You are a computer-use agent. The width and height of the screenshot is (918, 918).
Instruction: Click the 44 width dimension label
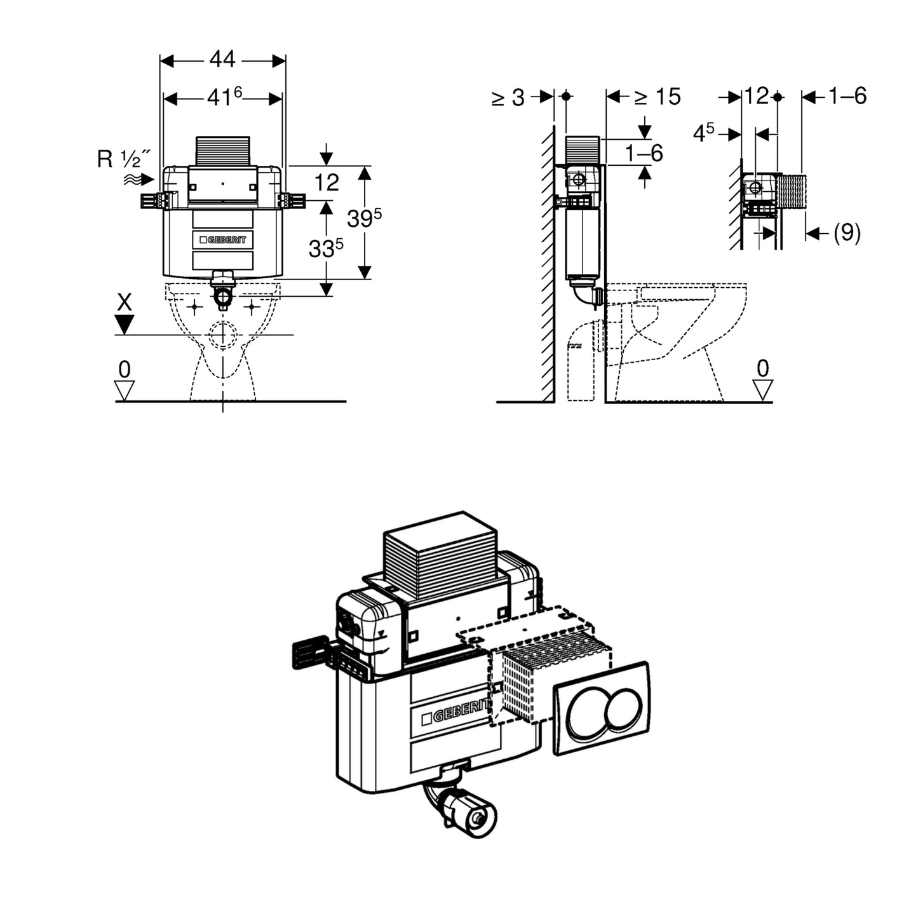222,60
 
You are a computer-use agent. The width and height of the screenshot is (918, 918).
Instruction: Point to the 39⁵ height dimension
364,218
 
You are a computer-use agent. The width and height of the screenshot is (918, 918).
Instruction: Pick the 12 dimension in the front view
327,182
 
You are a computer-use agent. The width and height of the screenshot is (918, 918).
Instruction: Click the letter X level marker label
125,302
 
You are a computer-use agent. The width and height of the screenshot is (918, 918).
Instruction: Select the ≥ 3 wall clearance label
508,98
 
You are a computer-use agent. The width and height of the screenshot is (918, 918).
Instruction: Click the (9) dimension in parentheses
847,233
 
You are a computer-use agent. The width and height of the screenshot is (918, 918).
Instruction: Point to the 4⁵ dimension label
703,133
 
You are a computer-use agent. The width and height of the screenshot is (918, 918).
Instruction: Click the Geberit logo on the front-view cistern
222,240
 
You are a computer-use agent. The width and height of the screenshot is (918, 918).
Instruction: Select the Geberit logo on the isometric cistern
455,712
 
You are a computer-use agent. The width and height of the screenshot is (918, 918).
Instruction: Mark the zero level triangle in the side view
762,389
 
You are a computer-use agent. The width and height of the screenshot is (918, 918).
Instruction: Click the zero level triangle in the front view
125,389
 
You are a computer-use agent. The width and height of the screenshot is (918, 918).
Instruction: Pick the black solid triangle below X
125,325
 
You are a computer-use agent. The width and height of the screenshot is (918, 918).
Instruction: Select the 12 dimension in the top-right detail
756,97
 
